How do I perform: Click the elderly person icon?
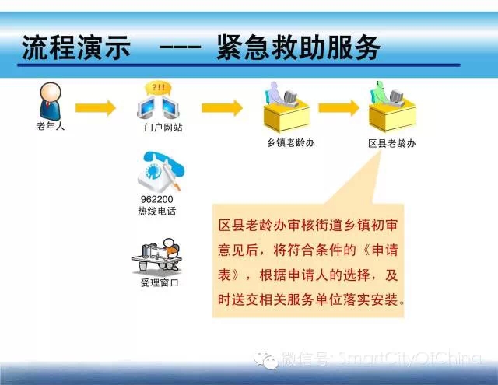pyautogui.click(x=50, y=101)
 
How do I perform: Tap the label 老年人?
pyautogui.click(x=50, y=126)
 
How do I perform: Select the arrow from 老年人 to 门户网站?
pyautogui.click(x=95, y=108)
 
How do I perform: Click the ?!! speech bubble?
pyautogui.click(x=158, y=89)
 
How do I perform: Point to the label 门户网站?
pyautogui.click(x=163, y=128)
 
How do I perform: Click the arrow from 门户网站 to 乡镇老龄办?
pyautogui.click(x=222, y=108)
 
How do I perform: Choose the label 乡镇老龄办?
pyautogui.click(x=291, y=143)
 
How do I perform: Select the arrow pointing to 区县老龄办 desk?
pyautogui.click(x=339, y=108)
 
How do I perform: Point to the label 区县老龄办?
pyautogui.click(x=392, y=143)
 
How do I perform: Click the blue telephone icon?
pyautogui.click(x=161, y=171)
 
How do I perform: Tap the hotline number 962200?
pyautogui.click(x=157, y=199)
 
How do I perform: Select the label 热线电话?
pyautogui.click(x=157, y=211)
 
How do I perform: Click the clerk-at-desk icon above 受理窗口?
pyautogui.click(x=157, y=256)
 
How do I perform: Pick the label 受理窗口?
pyautogui.click(x=160, y=282)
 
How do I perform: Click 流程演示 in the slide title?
pyautogui.click(x=76, y=47)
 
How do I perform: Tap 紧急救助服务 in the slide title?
pyautogui.click(x=299, y=47)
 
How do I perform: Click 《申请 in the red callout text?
pyautogui.click(x=381, y=250)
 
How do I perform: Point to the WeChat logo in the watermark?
pyautogui.click(x=266, y=361)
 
